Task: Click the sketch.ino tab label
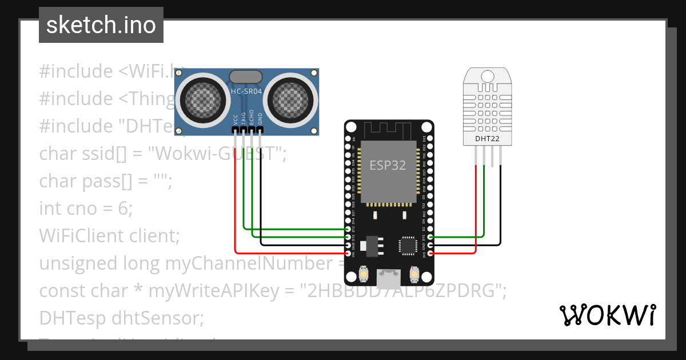(101, 25)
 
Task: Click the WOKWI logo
(607, 315)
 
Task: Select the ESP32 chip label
(388, 166)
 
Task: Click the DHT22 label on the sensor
(487, 138)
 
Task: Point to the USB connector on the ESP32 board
(389, 279)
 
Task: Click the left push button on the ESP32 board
(363, 275)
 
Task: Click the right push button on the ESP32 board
(414, 275)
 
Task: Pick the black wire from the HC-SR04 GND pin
(261, 194)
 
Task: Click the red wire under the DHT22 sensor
(476, 206)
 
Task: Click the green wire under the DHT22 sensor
(484, 200)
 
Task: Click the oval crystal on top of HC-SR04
(246, 77)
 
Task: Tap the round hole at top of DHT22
(488, 76)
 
